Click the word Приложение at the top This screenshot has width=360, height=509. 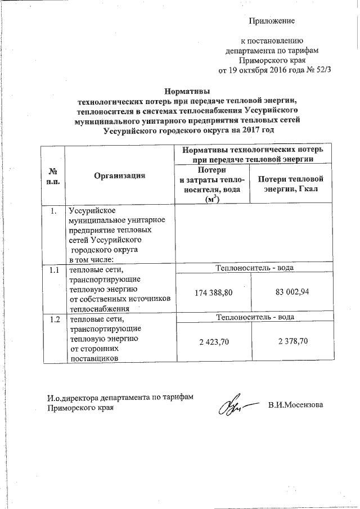click(x=272, y=21)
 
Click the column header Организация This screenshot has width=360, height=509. click(x=119, y=175)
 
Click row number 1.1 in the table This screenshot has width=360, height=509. click(x=53, y=271)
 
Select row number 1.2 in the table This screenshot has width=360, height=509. click(x=53, y=319)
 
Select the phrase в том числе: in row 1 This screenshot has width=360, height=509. click(x=91, y=259)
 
